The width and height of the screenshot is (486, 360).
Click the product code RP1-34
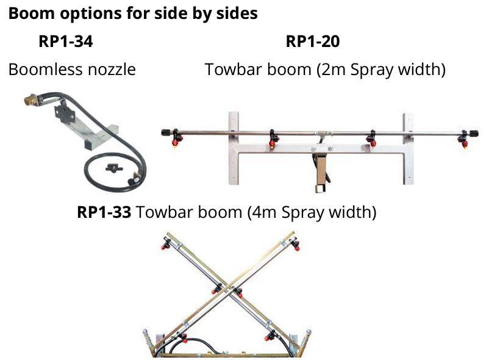pos(66,42)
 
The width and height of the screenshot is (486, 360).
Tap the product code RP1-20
pos(312,42)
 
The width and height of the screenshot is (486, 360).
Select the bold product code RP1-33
pos(104,213)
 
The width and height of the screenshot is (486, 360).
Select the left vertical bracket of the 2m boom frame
pos(233,148)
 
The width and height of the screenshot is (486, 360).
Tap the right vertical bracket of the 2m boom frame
pos(408,148)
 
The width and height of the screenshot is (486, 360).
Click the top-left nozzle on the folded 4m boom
pos(166,245)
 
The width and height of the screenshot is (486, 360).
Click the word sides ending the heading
pos(237,14)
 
